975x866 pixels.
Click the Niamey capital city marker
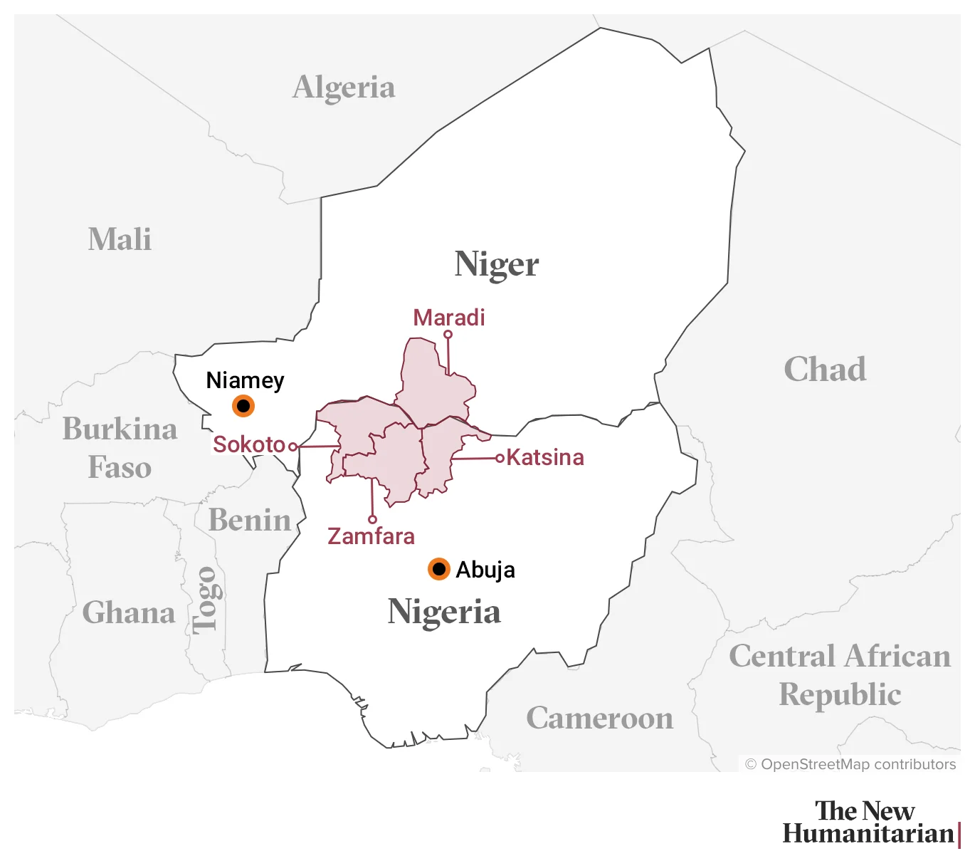click(243, 406)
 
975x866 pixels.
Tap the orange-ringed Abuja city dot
click(439, 569)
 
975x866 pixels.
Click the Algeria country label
click(344, 88)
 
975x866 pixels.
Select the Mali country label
click(120, 239)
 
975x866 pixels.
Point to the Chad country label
click(825, 370)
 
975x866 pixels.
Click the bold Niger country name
click(497, 264)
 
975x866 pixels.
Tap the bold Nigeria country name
click(444, 612)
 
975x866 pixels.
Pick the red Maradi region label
click(449, 318)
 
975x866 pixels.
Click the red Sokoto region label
click(249, 444)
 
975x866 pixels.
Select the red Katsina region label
click(545, 457)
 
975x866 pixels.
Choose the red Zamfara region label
click(371, 536)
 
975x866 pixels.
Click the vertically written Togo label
click(206, 600)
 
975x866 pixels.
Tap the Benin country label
click(250, 520)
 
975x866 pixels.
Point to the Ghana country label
click(129, 612)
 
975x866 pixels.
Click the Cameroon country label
click(600, 718)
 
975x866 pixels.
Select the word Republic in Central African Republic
click(840, 694)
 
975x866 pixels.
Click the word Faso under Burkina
click(120, 468)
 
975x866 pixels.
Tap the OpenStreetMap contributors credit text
click(850, 764)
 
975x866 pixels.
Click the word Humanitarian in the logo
click(868, 833)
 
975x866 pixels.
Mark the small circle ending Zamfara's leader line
click(372, 519)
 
